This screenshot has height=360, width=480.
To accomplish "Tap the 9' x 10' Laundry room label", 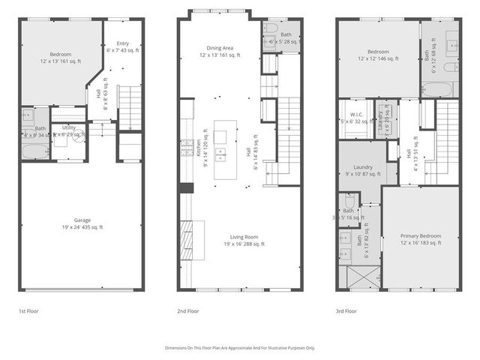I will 364,170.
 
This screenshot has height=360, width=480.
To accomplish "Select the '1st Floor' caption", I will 29,310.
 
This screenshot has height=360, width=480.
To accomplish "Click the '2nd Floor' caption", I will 188,310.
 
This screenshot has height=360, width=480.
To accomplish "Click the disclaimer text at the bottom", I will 240,348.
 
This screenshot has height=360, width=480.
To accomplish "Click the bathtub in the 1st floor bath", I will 33,152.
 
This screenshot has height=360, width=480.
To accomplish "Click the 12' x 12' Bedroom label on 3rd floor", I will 378,55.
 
